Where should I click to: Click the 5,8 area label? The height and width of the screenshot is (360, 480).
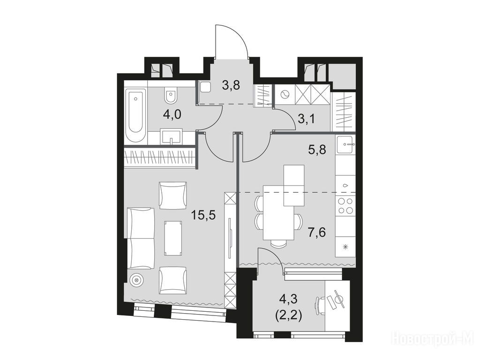pyautogui.click(x=316, y=150)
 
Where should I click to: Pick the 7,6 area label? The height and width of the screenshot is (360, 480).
pyautogui.click(x=316, y=232)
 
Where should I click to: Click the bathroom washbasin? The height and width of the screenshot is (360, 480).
pyautogui.click(x=171, y=136)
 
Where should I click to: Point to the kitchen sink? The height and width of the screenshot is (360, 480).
pyautogui.click(x=346, y=144)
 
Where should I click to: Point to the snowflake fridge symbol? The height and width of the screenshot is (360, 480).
pyautogui.click(x=345, y=247)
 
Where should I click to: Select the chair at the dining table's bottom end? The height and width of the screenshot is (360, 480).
pyautogui.click(x=279, y=243)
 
